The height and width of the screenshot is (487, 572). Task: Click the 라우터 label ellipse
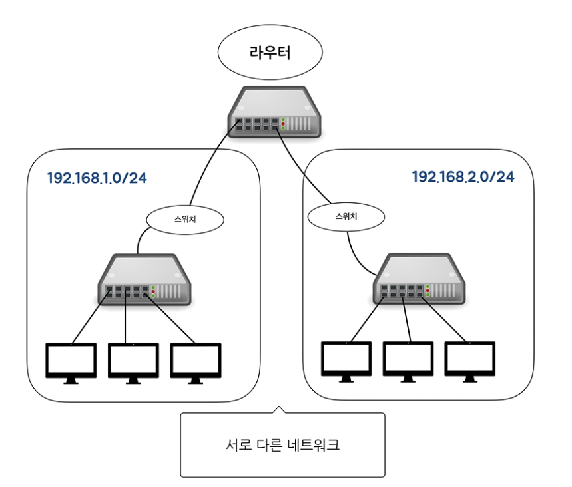(269, 53)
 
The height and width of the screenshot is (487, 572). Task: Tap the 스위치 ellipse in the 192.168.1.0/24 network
(184, 218)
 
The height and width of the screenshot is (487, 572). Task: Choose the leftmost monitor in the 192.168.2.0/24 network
(346, 361)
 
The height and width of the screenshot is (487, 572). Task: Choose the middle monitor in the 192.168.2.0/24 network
(408, 361)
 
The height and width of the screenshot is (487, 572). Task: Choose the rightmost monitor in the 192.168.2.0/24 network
(470, 361)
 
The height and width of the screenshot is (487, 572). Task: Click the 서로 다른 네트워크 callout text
(283, 445)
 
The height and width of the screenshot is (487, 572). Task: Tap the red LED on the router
(283, 124)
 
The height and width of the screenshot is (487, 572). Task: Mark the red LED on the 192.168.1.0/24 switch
(154, 290)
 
